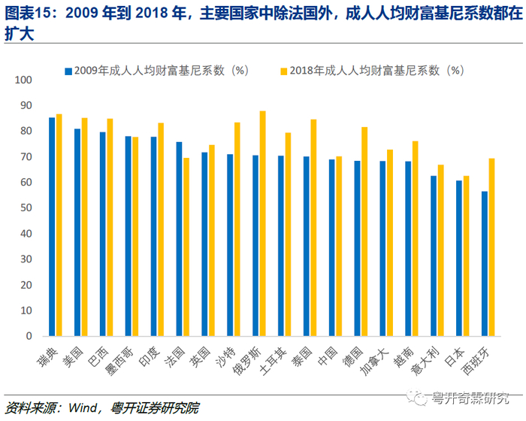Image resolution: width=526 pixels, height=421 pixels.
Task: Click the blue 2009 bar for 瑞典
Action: click(52, 226)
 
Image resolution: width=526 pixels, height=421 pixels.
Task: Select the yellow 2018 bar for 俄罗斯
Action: click(263, 223)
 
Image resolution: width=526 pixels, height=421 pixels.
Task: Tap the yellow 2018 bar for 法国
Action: click(186, 247)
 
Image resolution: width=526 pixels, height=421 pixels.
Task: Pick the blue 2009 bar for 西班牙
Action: click(485, 264)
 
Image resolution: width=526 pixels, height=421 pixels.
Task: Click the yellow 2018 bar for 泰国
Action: click(313, 228)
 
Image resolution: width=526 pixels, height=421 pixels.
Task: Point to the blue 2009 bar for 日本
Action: click(459, 258)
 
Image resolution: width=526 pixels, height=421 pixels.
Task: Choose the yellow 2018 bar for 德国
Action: click(364, 232)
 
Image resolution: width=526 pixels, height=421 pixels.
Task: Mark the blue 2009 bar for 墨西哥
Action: click(128, 236)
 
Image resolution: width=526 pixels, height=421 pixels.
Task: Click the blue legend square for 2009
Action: click(68, 71)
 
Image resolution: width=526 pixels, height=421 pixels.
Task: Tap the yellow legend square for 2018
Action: click(284, 71)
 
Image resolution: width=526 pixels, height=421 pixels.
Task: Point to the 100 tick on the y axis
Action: click(23, 80)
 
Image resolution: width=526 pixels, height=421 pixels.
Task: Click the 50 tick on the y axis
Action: click(26, 207)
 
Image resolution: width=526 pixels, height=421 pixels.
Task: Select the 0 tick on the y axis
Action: click(29, 336)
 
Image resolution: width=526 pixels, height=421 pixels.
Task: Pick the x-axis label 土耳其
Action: click(273, 361)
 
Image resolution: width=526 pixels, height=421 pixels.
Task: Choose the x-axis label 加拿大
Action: click(374, 361)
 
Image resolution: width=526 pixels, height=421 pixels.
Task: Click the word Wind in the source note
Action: click(82, 408)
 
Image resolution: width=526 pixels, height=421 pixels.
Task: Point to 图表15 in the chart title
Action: click(27, 14)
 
